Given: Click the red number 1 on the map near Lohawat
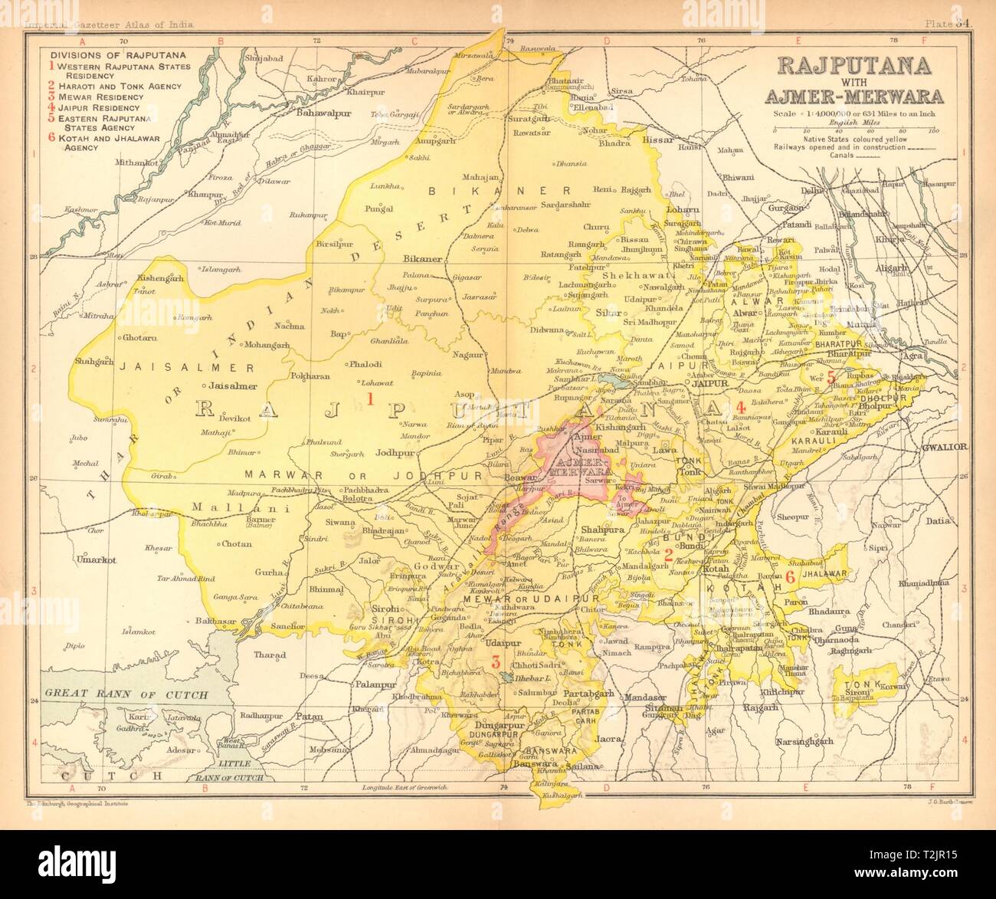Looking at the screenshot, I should [x=370, y=399].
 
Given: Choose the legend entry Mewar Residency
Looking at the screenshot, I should [x=101, y=97].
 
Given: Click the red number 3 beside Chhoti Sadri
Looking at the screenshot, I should [x=496, y=661].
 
